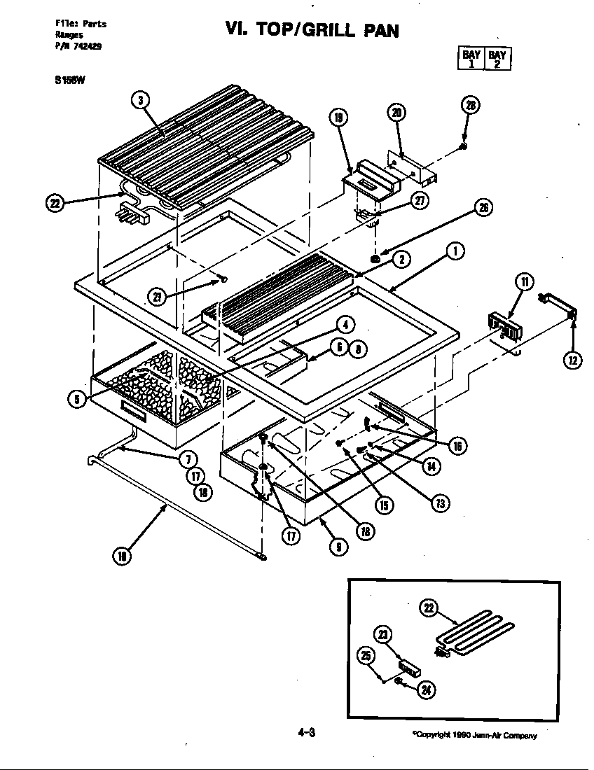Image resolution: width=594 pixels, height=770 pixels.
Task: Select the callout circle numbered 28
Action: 471,106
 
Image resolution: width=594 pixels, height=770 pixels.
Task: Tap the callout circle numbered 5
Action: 76,399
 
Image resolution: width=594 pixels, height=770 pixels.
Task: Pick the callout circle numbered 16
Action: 457,446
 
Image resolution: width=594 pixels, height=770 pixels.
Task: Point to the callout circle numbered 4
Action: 345,323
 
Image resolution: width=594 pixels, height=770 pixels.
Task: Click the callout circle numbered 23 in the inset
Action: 384,634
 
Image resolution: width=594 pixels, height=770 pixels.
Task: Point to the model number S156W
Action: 69,79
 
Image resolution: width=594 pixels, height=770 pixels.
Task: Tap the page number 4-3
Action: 307,734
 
